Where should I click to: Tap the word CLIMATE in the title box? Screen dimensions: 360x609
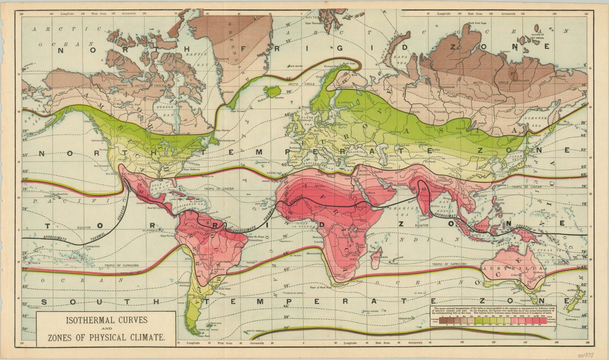tap(144, 338)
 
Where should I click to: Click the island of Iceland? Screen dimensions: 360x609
tap(272, 91)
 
